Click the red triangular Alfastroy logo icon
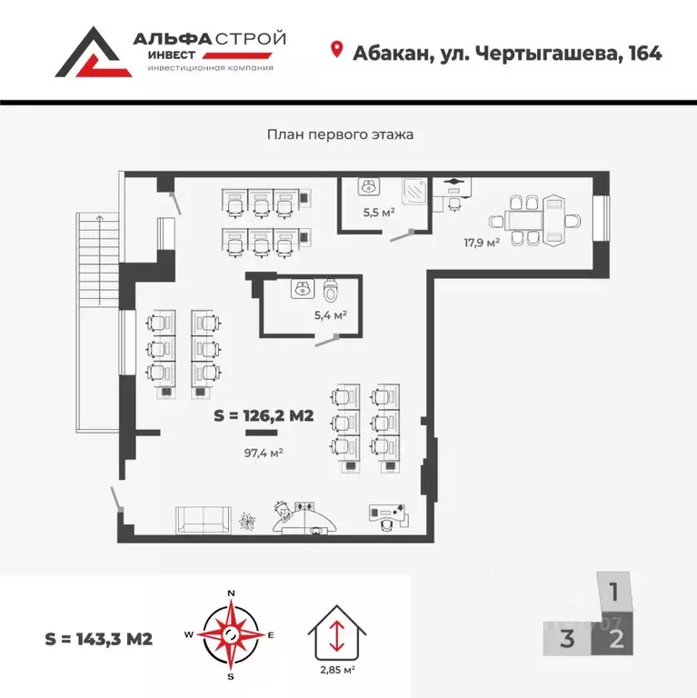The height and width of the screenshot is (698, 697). (92, 53)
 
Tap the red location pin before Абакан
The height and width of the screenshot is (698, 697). (337, 51)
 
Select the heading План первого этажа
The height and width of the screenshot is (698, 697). (340, 135)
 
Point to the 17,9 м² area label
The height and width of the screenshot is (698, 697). (482, 242)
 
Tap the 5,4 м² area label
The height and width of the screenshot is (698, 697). (330, 315)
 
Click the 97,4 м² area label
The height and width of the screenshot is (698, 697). (264, 452)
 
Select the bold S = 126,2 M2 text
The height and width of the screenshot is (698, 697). (264, 417)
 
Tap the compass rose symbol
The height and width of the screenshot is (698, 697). (231, 633)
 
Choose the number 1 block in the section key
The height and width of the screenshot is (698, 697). (614, 594)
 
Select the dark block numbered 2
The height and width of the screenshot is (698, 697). (616, 638)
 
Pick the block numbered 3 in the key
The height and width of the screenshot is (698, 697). (567, 638)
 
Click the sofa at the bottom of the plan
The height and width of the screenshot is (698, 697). (203, 519)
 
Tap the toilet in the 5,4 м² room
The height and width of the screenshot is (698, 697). (330, 290)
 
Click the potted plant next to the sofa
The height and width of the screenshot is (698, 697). (247, 521)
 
